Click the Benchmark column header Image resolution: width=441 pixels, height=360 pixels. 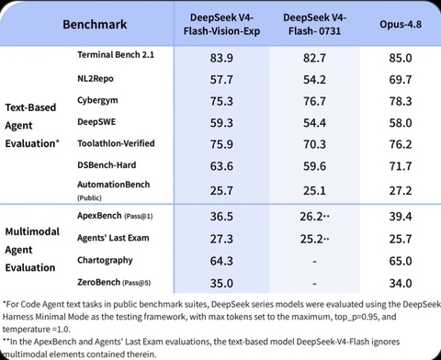(x=95, y=25)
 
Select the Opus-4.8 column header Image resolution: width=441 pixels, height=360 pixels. (x=401, y=25)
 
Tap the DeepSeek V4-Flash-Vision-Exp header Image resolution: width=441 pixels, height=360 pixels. (x=221, y=24)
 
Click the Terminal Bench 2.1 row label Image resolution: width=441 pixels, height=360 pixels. (x=116, y=55)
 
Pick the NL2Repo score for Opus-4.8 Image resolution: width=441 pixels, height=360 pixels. (x=401, y=80)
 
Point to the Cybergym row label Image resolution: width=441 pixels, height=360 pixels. (x=97, y=100)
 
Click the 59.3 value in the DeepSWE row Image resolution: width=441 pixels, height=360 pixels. (x=221, y=123)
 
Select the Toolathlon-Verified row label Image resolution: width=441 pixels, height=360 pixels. (x=116, y=143)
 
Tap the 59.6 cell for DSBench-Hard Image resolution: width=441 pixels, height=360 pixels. (x=314, y=166)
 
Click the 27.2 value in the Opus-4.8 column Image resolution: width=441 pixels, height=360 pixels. (x=401, y=191)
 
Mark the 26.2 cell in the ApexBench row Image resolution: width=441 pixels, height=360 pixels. (x=311, y=217)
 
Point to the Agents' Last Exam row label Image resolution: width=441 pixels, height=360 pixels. (x=113, y=238)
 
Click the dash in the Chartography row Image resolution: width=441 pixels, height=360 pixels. (x=314, y=262)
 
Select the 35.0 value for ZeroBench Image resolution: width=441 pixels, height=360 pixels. (x=221, y=283)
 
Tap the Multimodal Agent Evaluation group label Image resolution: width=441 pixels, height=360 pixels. (x=32, y=250)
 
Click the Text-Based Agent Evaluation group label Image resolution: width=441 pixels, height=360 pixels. (x=32, y=125)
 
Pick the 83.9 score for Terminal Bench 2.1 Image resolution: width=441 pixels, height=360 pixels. (x=221, y=58)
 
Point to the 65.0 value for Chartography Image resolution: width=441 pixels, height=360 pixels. (x=401, y=261)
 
